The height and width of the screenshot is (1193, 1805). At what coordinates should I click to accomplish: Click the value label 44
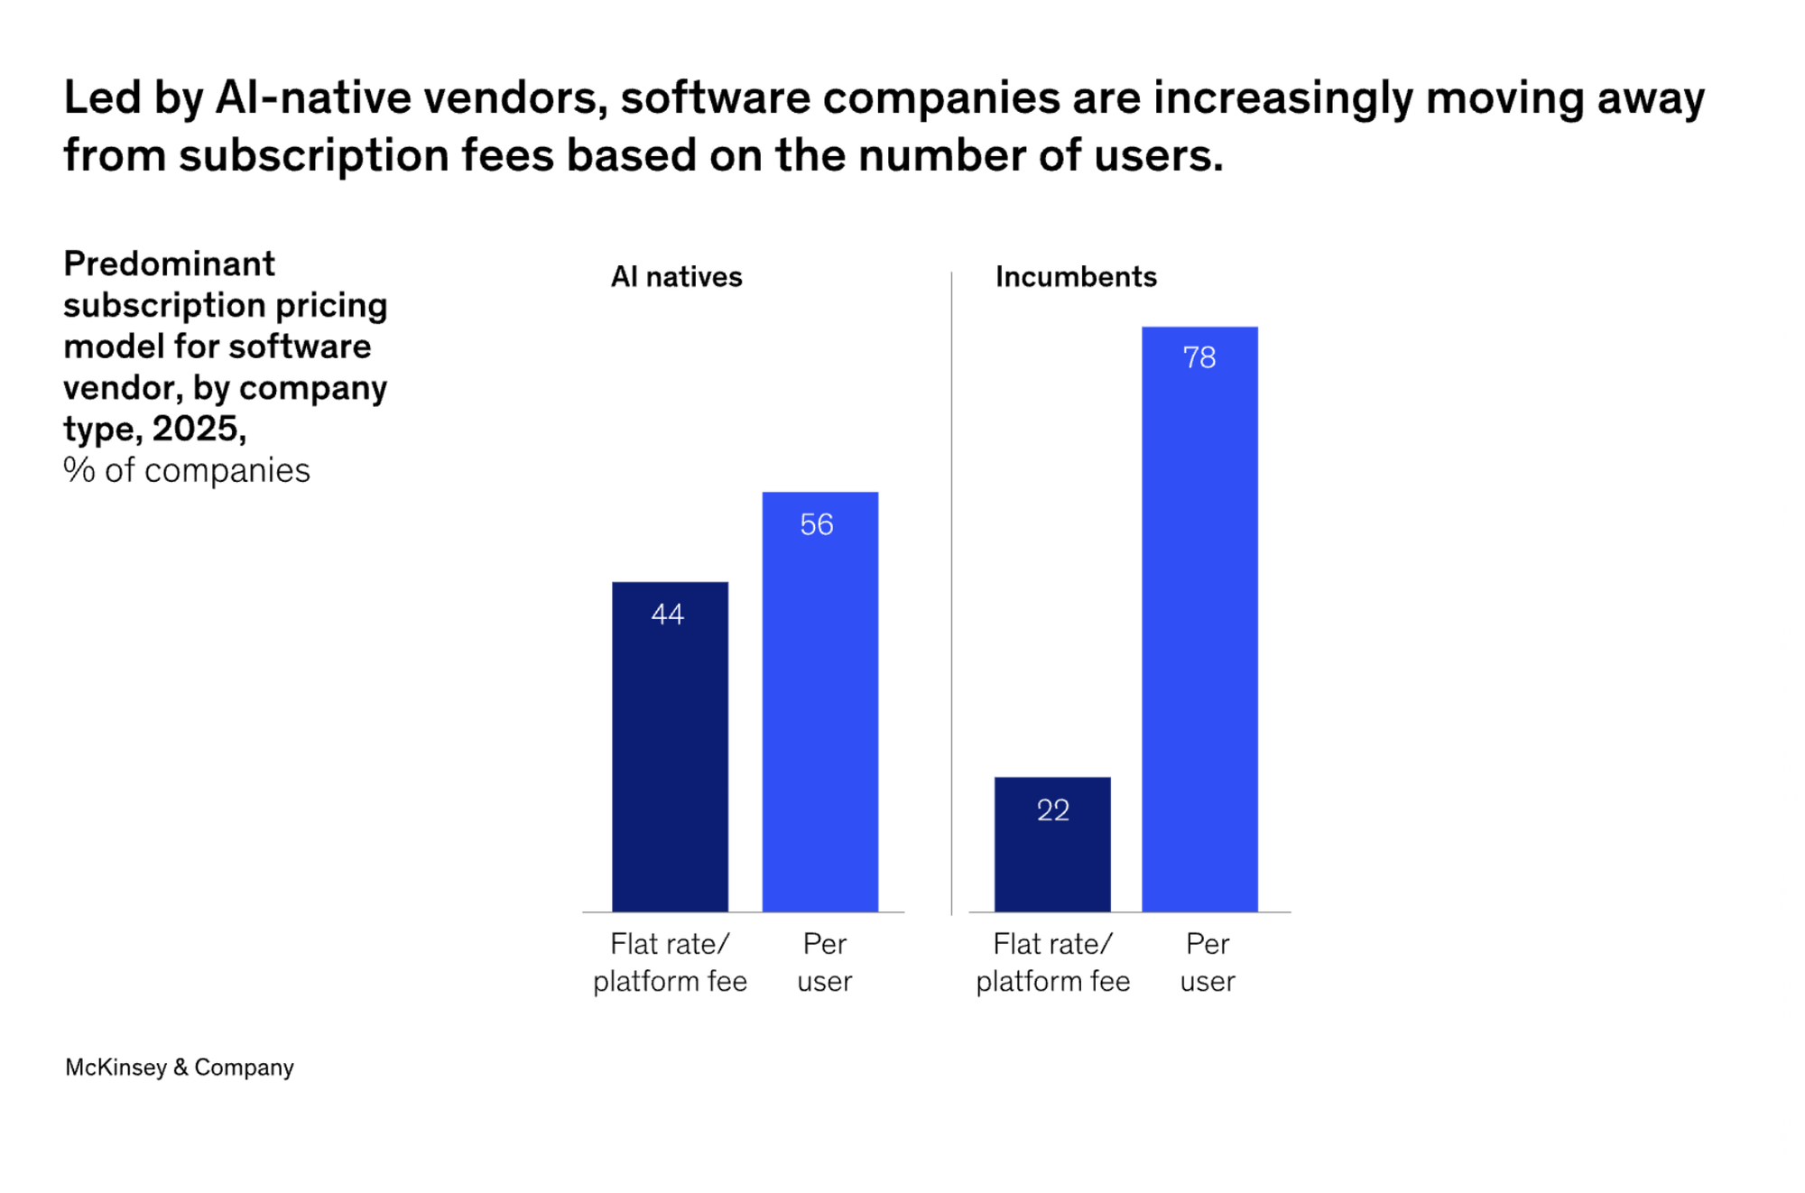(x=668, y=615)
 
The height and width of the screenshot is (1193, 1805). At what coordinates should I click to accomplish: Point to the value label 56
(x=817, y=524)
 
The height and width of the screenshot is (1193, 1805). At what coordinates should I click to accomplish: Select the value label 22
(x=1053, y=810)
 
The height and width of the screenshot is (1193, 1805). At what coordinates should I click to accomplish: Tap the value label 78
(x=1199, y=357)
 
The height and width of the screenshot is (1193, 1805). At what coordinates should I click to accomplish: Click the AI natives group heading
(x=676, y=277)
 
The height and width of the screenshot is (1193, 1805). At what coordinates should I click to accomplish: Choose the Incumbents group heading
(x=1076, y=277)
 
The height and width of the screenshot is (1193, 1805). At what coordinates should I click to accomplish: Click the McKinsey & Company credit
(x=180, y=1068)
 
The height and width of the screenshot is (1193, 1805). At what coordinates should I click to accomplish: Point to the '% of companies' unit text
(x=187, y=470)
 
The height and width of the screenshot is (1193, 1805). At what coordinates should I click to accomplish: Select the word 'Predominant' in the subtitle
(x=169, y=264)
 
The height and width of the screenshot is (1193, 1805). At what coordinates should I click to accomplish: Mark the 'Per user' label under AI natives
(x=824, y=962)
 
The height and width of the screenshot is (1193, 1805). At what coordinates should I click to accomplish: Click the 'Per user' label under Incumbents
(x=1207, y=962)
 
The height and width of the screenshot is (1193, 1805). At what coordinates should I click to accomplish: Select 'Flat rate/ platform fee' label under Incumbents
(x=1052, y=962)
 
